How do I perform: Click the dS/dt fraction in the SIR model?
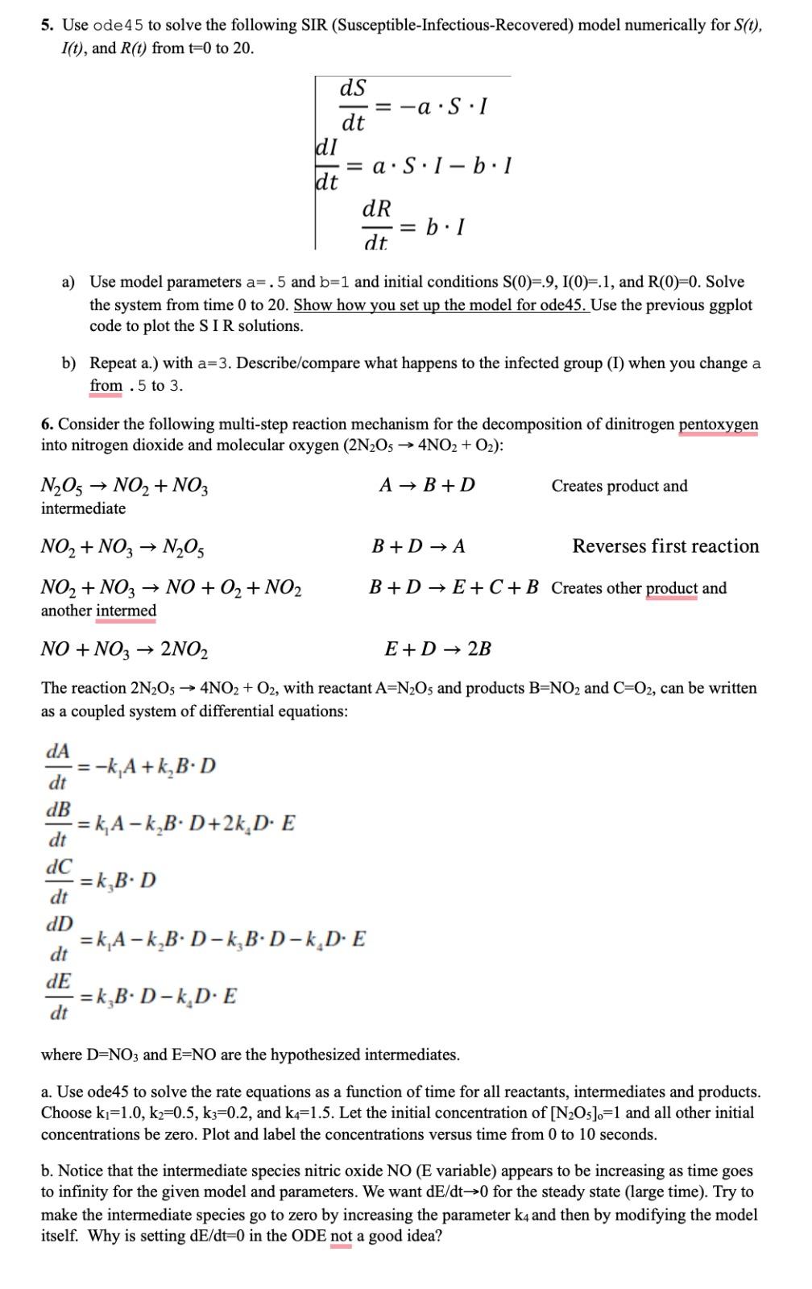point(354,106)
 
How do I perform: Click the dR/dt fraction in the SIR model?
point(376,225)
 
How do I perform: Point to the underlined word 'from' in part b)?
point(106,386)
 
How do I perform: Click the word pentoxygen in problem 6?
point(718,425)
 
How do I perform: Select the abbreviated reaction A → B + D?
point(427,486)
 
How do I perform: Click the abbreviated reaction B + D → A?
point(418,547)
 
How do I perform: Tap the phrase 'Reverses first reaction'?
point(665,547)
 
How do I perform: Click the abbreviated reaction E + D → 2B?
point(438,649)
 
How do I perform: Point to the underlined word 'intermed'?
point(126,611)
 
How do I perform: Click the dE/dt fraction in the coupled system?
point(59,997)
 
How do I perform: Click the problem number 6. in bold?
point(48,425)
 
